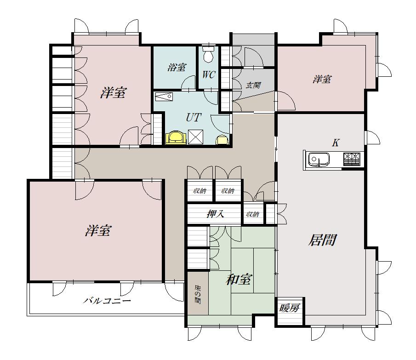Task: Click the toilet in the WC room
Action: [208, 54]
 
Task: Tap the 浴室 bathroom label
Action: [177, 68]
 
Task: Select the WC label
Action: [209, 75]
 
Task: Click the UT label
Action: [194, 117]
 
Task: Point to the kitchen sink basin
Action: [319, 160]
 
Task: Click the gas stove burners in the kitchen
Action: [352, 159]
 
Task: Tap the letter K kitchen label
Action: [336, 143]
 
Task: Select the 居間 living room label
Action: [322, 240]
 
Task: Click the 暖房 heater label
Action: [289, 308]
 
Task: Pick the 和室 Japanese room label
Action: [238, 280]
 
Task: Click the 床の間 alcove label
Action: [198, 294]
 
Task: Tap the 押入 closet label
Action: [216, 214]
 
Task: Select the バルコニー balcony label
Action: [107, 301]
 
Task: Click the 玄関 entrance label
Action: [253, 85]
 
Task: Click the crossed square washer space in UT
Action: [195, 137]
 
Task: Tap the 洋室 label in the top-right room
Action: [322, 79]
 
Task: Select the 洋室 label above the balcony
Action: [98, 230]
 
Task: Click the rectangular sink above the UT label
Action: [164, 97]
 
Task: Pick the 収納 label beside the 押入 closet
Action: [252, 214]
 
